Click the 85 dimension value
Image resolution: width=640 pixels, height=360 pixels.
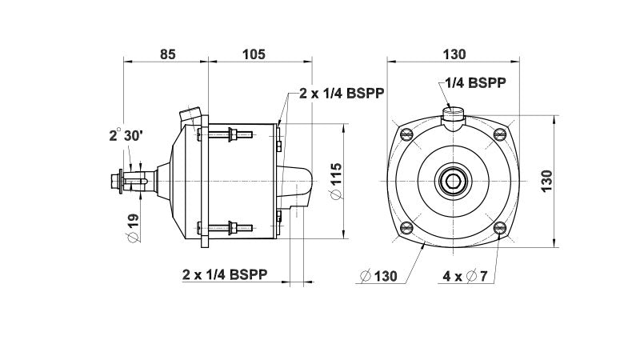point(167,54)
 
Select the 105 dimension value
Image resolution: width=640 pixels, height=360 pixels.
point(253,54)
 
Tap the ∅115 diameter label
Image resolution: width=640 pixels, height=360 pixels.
point(335,182)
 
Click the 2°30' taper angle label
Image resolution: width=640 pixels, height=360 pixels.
point(126,136)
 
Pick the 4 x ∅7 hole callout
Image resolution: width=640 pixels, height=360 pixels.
point(466,275)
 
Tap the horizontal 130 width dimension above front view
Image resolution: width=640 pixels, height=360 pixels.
point(454,54)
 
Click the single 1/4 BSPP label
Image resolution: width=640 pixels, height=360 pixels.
point(475,82)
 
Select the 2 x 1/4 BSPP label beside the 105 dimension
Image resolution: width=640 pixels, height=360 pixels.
point(342,93)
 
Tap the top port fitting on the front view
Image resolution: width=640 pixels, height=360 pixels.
point(454,115)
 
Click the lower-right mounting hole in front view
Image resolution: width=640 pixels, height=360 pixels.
point(500,228)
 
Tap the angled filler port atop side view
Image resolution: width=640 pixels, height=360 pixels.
point(190,117)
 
